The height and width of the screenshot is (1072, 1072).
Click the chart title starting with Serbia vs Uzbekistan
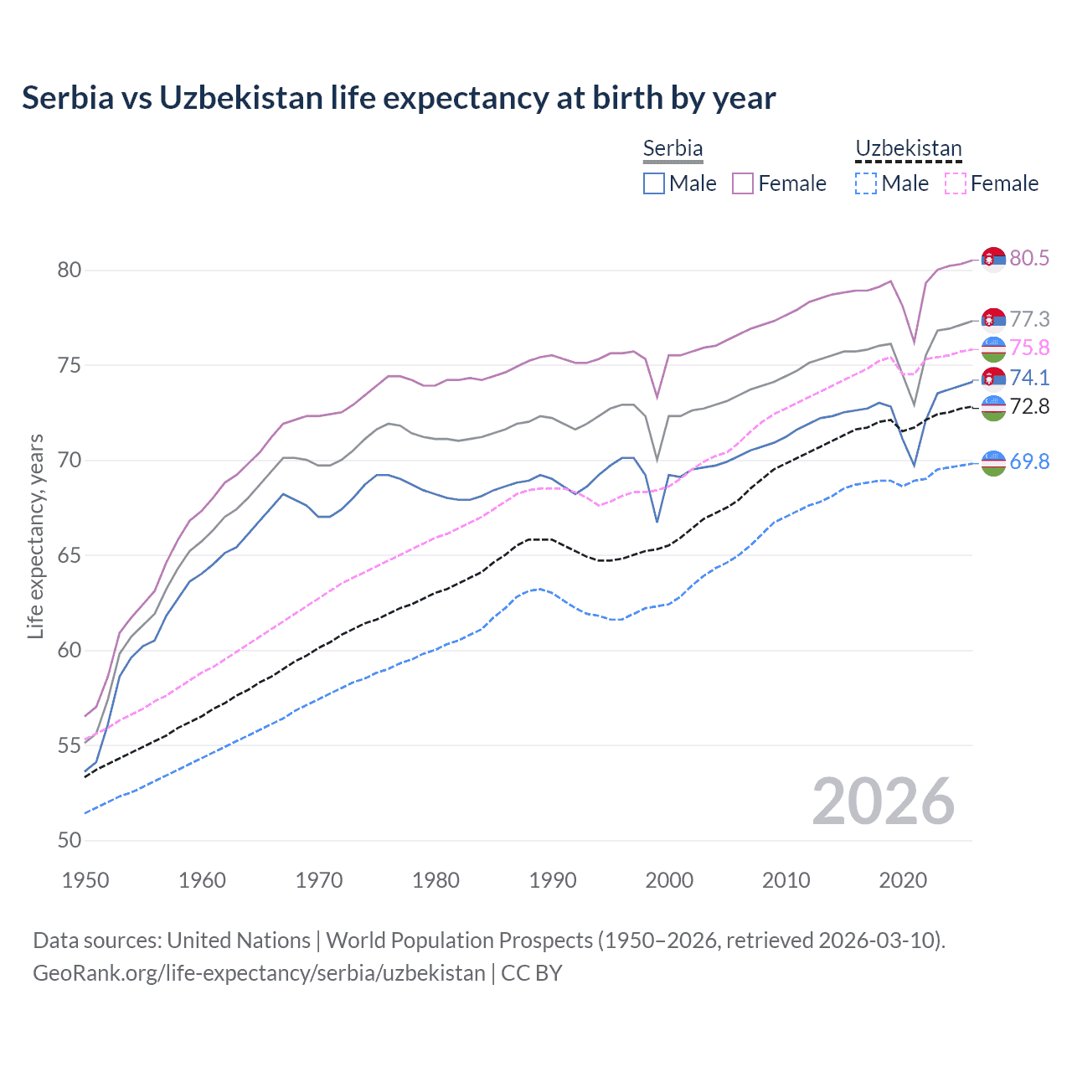pyautogui.click(x=399, y=98)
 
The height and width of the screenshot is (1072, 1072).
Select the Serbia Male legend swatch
pyautogui.click(x=654, y=183)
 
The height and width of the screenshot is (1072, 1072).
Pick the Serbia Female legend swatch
pyautogui.click(x=743, y=183)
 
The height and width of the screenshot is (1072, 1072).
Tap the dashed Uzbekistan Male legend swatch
pyautogui.click(x=866, y=183)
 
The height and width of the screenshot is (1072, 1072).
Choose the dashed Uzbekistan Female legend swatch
pyautogui.click(x=956, y=183)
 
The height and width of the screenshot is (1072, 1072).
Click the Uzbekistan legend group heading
pyautogui.click(x=908, y=148)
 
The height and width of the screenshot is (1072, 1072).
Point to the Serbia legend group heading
pyautogui.click(x=673, y=148)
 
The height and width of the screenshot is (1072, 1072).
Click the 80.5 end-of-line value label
pyautogui.click(x=1029, y=258)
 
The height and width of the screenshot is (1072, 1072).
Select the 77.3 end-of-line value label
pyautogui.click(x=1029, y=319)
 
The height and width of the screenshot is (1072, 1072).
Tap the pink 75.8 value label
pyautogui.click(x=1029, y=348)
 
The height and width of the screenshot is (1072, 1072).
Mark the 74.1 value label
pyautogui.click(x=1029, y=378)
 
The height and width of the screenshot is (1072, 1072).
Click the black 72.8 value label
pyautogui.click(x=1029, y=407)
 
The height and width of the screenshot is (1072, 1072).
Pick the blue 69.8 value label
pyautogui.click(x=1029, y=461)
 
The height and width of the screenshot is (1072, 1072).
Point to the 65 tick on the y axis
pyautogui.click(x=70, y=555)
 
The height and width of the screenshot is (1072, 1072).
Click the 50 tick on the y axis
pyautogui.click(x=70, y=840)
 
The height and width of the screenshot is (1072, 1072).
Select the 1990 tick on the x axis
pyautogui.click(x=553, y=880)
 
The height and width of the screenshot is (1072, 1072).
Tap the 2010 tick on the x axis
pyautogui.click(x=786, y=880)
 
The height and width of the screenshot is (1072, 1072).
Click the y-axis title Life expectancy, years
pyautogui.click(x=36, y=536)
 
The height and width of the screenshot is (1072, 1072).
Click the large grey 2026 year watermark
pyautogui.click(x=884, y=801)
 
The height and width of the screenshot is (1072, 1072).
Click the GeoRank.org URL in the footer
pyautogui.click(x=259, y=973)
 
